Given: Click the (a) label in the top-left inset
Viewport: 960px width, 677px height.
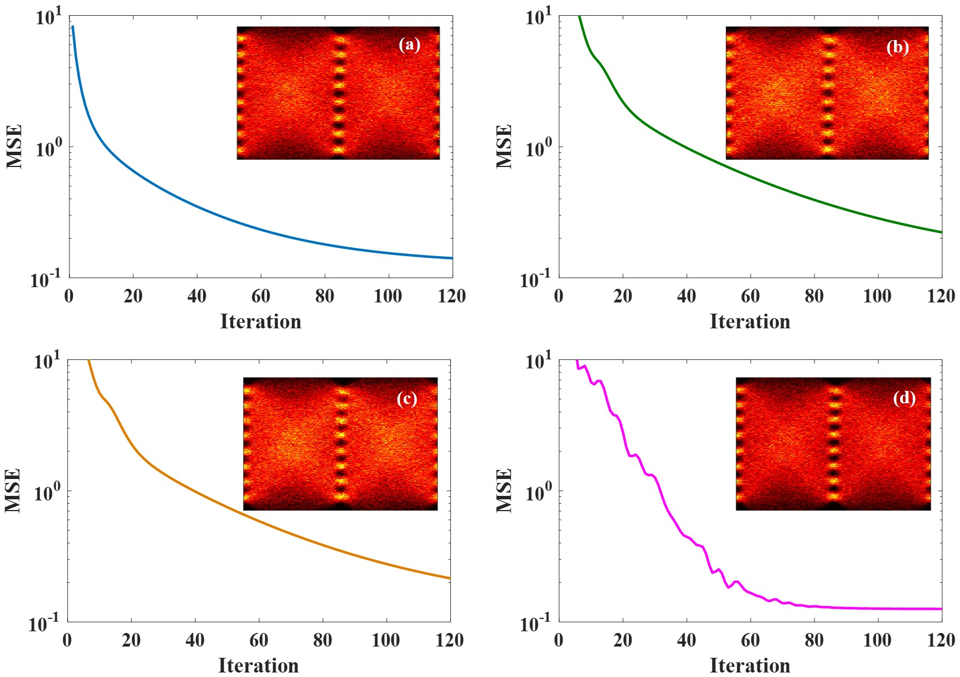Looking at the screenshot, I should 409,45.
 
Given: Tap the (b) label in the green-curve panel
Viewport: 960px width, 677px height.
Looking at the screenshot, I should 897,47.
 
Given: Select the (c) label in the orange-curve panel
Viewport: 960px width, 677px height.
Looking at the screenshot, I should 406,399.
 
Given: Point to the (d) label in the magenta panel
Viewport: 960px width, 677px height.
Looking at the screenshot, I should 904,398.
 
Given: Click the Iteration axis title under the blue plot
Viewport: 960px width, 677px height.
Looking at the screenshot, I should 260,322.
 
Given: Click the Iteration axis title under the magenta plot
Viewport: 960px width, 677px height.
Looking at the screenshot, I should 749,665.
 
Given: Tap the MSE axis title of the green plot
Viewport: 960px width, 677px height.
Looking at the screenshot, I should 504,146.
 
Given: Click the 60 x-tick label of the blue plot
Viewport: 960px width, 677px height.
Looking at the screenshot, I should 261,296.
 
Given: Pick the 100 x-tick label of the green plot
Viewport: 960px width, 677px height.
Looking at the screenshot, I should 877,296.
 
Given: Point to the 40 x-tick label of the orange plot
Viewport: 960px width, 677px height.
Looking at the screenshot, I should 195,640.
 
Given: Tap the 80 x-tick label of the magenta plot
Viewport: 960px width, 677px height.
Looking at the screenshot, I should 814,640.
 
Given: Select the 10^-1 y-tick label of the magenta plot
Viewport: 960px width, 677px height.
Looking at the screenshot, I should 537,623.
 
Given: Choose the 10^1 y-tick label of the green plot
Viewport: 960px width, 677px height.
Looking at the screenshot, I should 538,17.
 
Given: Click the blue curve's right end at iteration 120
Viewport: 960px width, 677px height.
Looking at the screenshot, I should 451,258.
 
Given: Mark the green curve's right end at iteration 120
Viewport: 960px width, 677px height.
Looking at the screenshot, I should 941,232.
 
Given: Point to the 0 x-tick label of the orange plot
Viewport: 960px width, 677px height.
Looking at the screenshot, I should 67,640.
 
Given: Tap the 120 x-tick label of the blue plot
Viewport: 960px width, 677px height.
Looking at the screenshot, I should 451,296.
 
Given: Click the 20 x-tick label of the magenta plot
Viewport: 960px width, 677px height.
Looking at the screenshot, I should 623,640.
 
